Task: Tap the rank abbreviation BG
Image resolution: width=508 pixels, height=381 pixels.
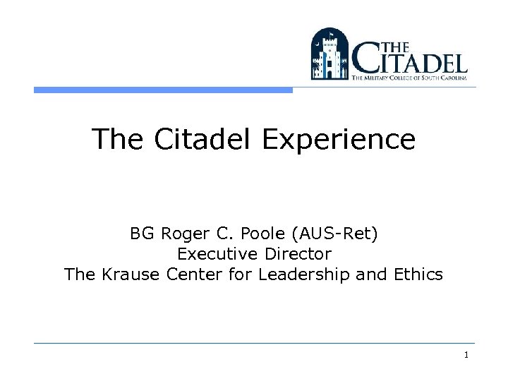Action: pos(140,234)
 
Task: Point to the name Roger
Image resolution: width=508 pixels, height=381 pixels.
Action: pos(181,234)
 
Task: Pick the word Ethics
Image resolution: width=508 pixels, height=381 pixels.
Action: pos(421,274)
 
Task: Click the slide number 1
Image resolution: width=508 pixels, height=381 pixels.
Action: pos(466,355)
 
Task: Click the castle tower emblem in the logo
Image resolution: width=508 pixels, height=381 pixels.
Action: pos(329,55)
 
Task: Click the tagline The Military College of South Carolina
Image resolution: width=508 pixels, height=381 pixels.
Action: pos(409,79)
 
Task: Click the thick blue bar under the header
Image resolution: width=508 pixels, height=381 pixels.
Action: pos(163,90)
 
